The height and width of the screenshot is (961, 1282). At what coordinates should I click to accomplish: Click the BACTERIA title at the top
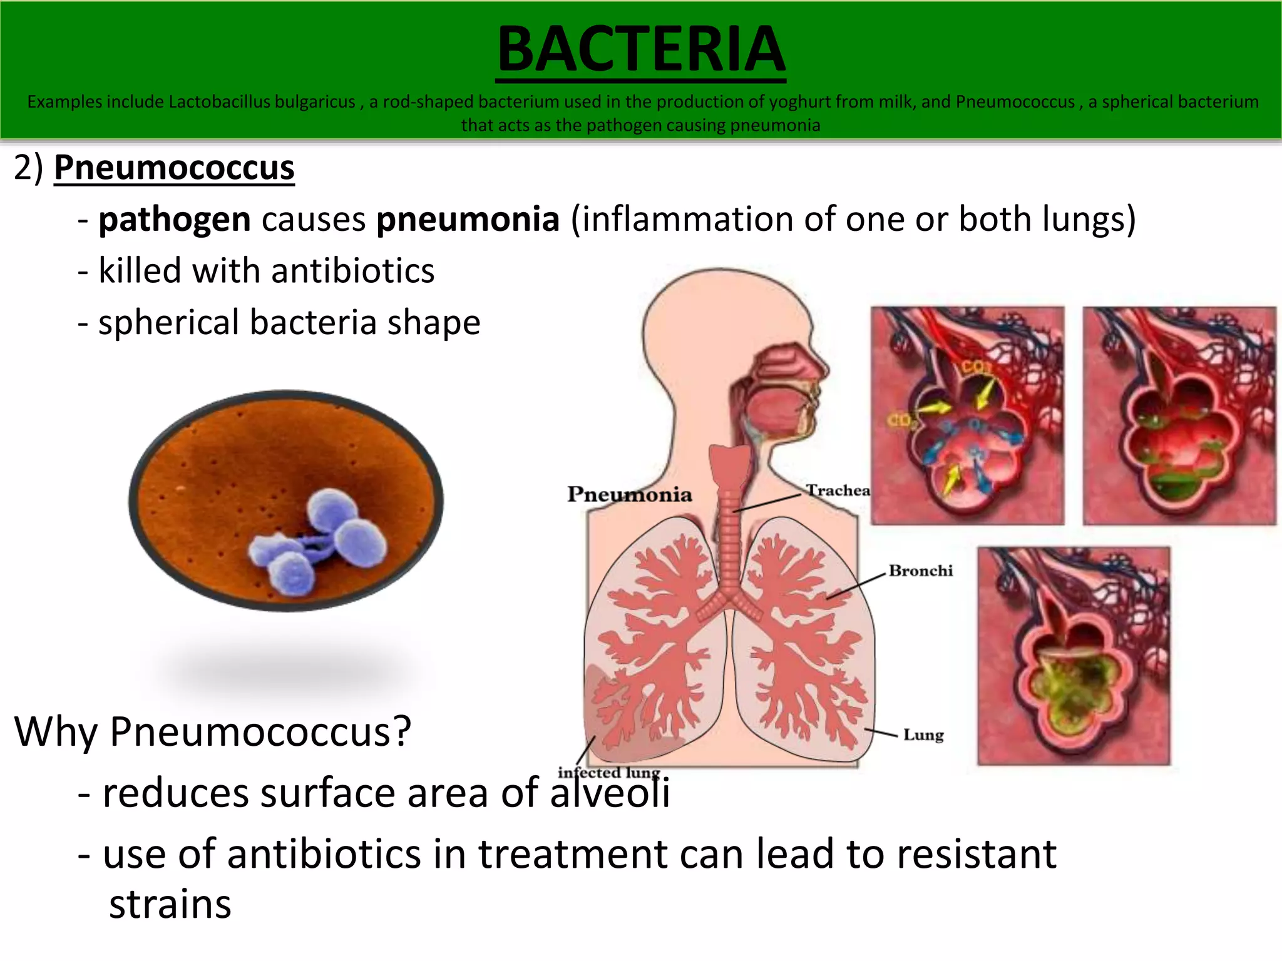[641, 50]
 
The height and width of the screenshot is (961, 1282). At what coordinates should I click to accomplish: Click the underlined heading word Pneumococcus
[174, 168]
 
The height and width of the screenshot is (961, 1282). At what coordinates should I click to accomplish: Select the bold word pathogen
[175, 220]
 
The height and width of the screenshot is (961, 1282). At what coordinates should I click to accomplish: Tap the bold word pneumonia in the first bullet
[468, 220]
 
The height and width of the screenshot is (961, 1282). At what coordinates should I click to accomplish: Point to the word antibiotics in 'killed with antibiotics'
[353, 271]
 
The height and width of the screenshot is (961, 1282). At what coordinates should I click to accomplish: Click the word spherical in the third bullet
[168, 323]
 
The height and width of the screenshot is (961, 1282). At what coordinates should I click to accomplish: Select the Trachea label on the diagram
[838, 490]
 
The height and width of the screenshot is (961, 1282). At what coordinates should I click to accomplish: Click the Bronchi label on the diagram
[920, 571]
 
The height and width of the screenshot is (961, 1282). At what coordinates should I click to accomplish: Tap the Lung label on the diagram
[923, 735]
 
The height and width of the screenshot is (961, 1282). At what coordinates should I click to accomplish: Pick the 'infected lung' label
[608, 773]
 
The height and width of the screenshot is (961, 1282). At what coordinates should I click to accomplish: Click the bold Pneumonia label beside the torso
[630, 494]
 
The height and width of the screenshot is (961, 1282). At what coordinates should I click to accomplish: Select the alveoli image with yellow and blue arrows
[967, 416]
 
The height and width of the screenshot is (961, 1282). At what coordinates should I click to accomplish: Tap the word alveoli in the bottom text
[610, 793]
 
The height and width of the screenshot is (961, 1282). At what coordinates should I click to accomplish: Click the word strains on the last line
[170, 905]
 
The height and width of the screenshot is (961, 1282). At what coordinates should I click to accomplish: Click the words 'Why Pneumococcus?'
[213, 731]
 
